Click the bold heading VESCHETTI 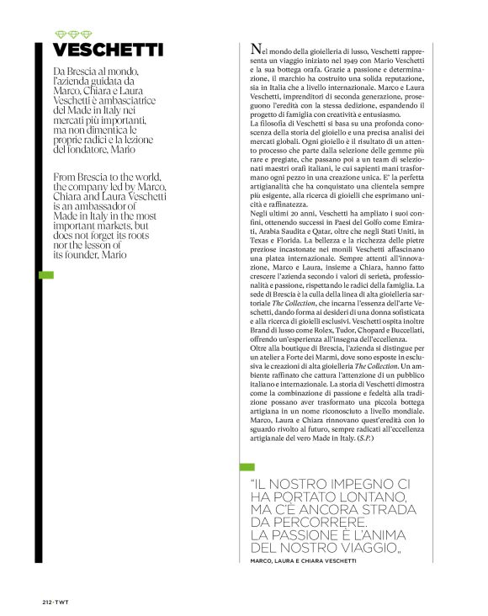pos(107,50)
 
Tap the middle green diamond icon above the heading pos(72,34)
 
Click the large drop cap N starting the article pos(256,51)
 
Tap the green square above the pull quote pos(247,465)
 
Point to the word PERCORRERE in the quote pos(298,523)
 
